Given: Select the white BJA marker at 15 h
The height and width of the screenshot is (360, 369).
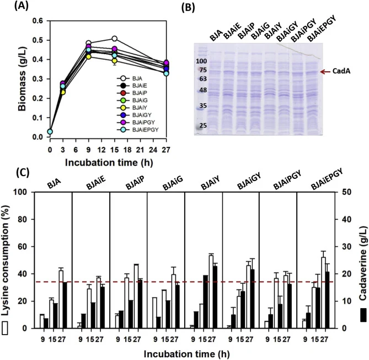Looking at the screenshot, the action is [x=115, y=39].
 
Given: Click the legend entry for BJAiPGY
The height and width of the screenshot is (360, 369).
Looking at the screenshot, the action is [x=138, y=122].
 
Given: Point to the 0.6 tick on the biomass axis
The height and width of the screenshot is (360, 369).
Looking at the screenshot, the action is [x=38, y=21].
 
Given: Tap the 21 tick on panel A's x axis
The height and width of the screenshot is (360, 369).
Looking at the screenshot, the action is [x=140, y=150].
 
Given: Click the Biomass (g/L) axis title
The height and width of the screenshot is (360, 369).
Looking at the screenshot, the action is [x=23, y=79].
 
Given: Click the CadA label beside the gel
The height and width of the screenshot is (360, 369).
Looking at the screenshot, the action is [x=341, y=71].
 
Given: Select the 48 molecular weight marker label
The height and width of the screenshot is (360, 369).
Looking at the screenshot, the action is [x=203, y=90].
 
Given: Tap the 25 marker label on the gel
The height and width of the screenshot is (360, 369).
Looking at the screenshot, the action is [x=203, y=125].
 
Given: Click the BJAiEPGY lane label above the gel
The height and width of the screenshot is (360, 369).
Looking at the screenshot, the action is [x=322, y=28].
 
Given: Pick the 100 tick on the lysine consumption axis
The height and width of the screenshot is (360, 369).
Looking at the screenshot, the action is [x=24, y=192].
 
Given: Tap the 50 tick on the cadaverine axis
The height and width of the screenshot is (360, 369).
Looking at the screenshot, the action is [x=346, y=192].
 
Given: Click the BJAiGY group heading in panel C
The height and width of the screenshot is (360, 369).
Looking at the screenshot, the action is [x=249, y=182].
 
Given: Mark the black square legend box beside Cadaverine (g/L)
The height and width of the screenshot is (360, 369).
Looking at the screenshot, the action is [x=363, y=315].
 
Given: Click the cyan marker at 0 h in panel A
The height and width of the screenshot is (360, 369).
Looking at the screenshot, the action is [x=50, y=131].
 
